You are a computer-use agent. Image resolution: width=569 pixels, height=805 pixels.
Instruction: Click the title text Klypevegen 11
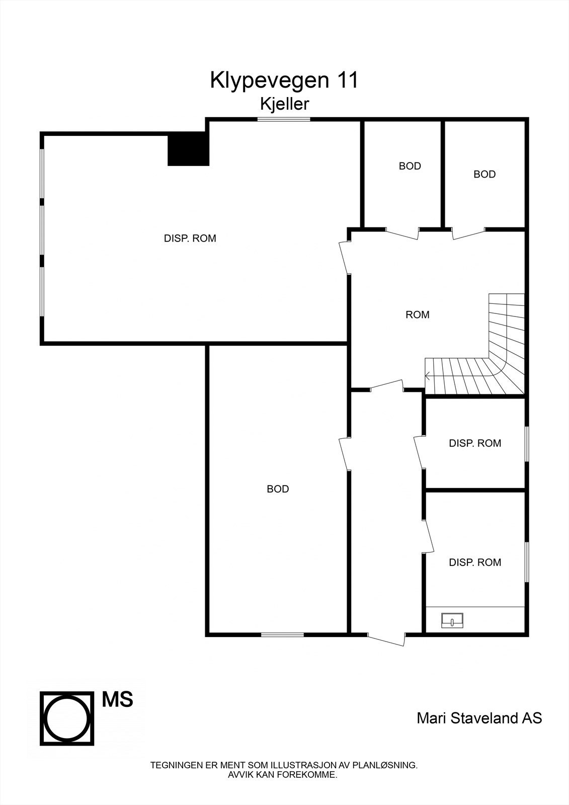click(284, 80)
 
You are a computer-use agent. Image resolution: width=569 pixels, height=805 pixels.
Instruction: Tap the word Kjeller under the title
click(284, 104)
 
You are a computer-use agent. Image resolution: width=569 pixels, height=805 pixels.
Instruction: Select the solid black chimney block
click(188, 148)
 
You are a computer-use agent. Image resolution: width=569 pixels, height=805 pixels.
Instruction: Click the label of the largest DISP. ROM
click(190, 238)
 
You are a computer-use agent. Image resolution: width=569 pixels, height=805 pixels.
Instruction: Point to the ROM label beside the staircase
click(418, 315)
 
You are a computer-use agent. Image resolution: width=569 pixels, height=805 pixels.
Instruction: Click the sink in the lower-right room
click(452, 620)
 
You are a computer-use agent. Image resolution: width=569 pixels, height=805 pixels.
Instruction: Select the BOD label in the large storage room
click(278, 489)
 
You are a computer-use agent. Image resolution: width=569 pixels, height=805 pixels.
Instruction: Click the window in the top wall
click(284, 119)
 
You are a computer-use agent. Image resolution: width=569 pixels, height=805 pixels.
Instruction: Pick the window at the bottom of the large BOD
click(282, 634)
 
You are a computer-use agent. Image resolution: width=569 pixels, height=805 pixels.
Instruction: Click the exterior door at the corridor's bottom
click(386, 638)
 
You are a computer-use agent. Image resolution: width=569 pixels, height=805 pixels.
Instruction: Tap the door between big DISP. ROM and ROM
click(345, 257)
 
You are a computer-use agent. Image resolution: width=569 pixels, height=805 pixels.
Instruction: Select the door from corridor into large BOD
click(345, 453)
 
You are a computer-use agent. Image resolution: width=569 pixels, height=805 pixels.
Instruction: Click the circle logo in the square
click(67, 718)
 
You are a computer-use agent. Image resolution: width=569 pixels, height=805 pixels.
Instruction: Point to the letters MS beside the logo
click(118, 699)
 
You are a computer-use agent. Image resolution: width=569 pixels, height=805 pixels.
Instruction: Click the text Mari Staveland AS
click(479, 718)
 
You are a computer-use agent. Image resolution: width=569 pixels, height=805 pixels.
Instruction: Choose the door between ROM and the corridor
click(387, 386)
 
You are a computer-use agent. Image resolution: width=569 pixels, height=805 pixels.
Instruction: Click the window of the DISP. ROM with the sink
click(527, 561)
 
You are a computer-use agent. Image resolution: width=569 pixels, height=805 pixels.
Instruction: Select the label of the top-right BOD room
click(484, 175)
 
